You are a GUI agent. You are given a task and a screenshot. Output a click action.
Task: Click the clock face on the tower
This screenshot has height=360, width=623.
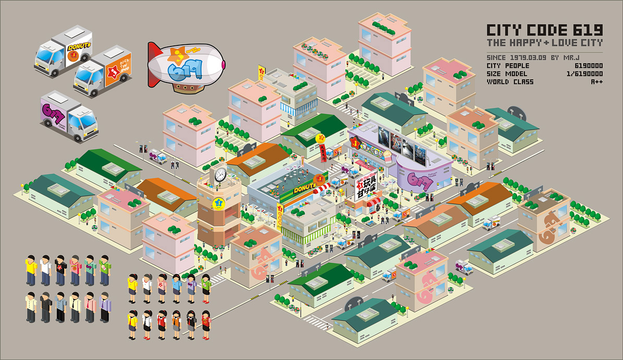click(x=220, y=174)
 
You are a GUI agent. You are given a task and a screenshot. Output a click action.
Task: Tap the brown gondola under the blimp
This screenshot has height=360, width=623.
click(x=186, y=89)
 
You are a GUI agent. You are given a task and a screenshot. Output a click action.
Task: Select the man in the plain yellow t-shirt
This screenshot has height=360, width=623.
click(x=31, y=270)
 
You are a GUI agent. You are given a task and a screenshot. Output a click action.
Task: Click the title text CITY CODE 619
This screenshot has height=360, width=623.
click(x=544, y=30)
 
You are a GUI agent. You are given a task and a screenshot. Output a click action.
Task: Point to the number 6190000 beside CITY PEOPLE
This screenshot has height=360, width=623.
click(x=589, y=66)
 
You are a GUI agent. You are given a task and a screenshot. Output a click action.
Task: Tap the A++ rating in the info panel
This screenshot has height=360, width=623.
click(x=596, y=82)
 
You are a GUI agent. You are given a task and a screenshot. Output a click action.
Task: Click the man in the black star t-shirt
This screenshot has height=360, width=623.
click(x=60, y=270)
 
